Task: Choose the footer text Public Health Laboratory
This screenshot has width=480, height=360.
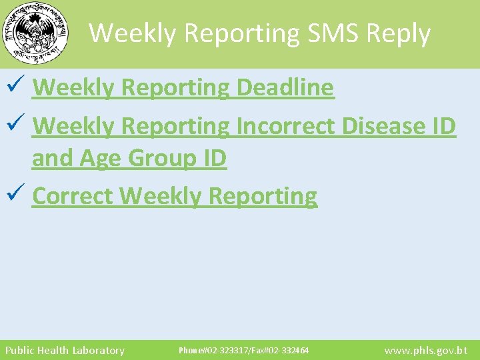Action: pos(65,350)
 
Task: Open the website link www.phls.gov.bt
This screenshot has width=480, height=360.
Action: pos(426,350)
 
